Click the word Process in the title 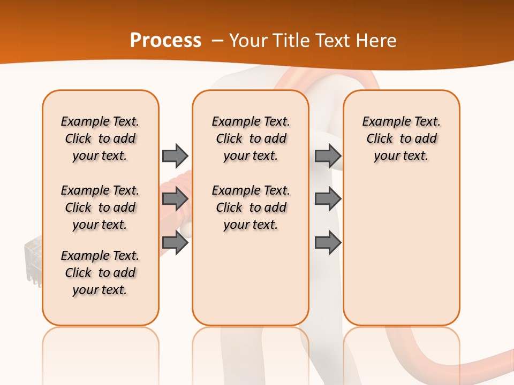click(165, 41)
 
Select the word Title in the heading click(290, 41)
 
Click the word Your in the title click(248, 41)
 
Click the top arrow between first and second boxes click(175, 156)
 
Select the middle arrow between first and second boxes click(175, 199)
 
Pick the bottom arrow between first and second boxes click(175, 243)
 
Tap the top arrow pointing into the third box click(328, 156)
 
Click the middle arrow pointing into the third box click(328, 199)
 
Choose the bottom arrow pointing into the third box click(328, 243)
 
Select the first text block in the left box click(100, 138)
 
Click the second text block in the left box click(100, 207)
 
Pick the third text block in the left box click(100, 273)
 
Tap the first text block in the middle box click(251, 138)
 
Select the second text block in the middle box click(251, 207)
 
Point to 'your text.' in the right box click(401, 156)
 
